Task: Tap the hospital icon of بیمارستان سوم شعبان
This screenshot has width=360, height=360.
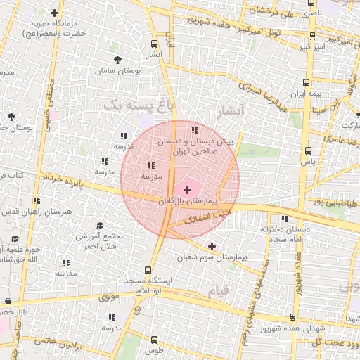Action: (x=212, y=246)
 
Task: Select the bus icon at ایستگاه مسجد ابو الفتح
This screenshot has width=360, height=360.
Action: (x=148, y=270)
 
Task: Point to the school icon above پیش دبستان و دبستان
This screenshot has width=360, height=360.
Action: (x=195, y=130)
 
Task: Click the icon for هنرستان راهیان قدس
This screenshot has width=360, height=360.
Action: (x=37, y=200)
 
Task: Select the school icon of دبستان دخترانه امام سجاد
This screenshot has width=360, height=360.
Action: (x=285, y=219)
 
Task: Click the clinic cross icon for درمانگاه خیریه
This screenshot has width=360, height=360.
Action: (x=55, y=13)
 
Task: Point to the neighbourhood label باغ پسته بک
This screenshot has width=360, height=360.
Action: (x=137, y=105)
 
